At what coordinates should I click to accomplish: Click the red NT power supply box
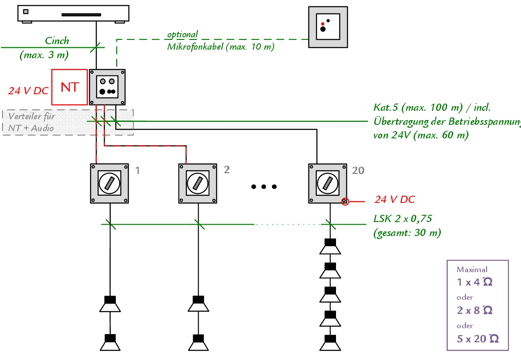[x=69, y=87]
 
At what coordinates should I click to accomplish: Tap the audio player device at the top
[x=73, y=13]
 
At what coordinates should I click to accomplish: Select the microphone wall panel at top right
[x=328, y=27]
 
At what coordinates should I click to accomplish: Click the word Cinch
[x=57, y=41]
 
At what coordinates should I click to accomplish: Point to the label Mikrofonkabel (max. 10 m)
[x=221, y=47]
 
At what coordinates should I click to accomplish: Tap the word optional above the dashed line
[x=182, y=34]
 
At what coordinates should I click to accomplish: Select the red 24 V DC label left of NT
[x=28, y=90]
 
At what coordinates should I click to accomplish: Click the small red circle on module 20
[x=345, y=202]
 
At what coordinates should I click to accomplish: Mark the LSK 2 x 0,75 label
[x=403, y=219]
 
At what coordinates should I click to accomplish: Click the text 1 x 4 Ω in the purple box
[x=474, y=282]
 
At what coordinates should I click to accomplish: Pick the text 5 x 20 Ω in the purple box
[x=477, y=338]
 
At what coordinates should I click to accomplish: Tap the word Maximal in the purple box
[x=472, y=269]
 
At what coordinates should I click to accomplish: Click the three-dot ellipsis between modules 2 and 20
[x=263, y=186]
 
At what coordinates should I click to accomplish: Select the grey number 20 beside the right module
[x=358, y=170]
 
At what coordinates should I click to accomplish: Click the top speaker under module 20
[x=330, y=247]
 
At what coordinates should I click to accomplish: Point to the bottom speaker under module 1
[x=110, y=343]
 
